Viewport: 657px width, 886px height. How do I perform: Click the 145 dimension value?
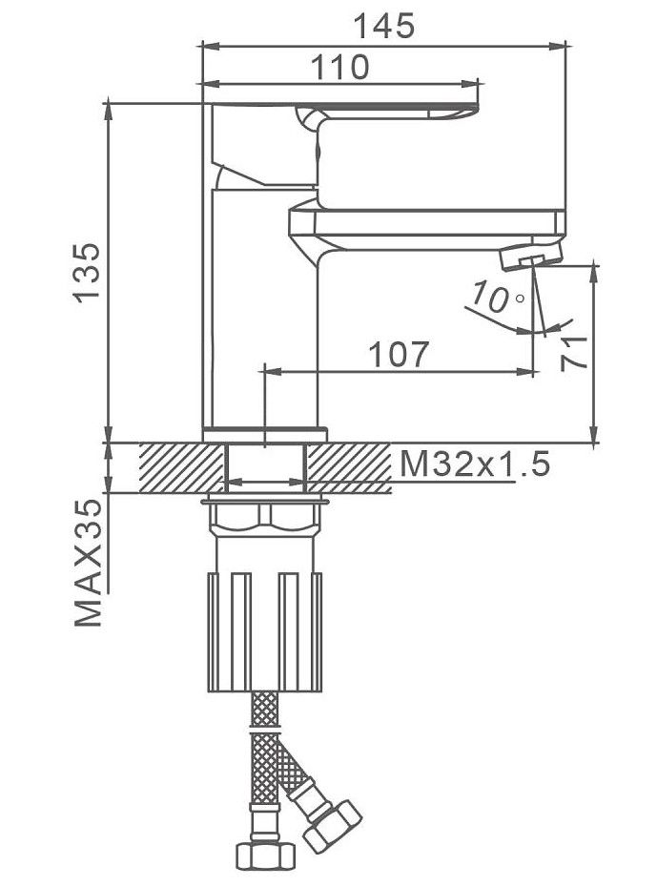383,26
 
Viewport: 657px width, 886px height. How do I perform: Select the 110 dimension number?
340,67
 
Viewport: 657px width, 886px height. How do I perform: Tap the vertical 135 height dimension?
87,274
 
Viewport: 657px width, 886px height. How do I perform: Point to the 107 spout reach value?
399,354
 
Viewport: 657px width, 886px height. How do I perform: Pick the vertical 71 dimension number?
575,353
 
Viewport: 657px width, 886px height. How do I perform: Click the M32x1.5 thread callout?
475,465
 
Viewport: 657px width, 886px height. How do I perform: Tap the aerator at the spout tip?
531,255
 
